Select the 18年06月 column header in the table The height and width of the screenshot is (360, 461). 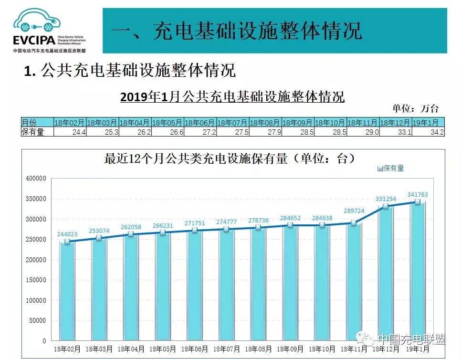(199, 123)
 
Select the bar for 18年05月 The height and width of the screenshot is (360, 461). (163, 286)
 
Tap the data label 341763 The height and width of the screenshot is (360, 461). (418, 194)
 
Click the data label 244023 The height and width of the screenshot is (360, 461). (67, 234)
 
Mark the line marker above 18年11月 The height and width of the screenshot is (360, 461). (354, 223)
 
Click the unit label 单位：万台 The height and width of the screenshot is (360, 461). (416, 108)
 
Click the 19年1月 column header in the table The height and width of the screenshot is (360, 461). (428, 123)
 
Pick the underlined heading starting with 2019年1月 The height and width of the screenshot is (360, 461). (232, 97)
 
